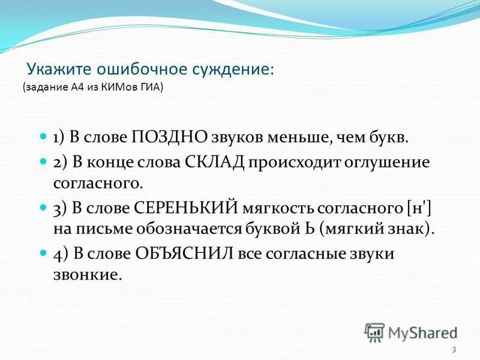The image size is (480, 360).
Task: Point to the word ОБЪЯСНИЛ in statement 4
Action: pos(189,253)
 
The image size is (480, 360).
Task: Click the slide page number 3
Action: pos(454,350)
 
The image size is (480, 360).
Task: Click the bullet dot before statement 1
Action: pos(43,137)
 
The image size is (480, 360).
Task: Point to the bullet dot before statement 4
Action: pos(43,253)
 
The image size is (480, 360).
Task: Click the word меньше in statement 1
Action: pos(293,137)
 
